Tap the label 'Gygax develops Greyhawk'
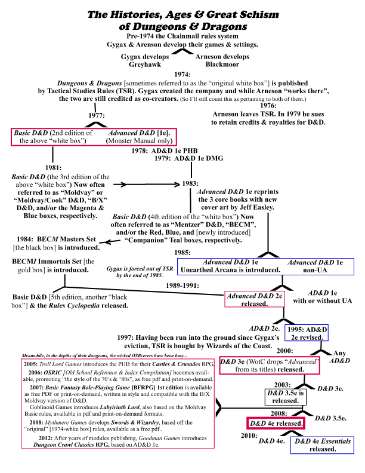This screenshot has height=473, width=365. [x=146, y=60]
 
